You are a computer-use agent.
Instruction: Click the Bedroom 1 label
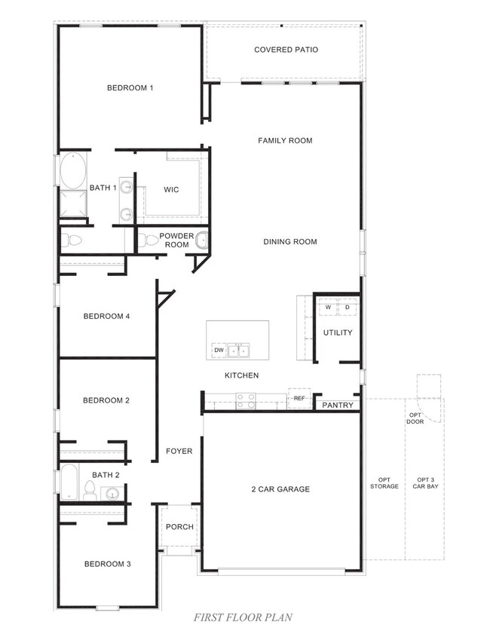point(130,88)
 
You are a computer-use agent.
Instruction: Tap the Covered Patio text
point(286,50)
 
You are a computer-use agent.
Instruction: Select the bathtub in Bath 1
point(73,171)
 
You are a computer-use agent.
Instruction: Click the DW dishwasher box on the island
point(219,350)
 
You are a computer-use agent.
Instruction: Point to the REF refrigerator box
point(299,398)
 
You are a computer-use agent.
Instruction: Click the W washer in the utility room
point(329,308)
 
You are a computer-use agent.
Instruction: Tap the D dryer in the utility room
point(348,308)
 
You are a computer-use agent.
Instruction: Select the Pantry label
point(337,405)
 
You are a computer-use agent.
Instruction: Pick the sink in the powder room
point(201,240)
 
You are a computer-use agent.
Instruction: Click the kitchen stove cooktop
point(247,400)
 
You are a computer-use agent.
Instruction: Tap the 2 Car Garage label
point(280,489)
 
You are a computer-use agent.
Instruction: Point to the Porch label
point(179,527)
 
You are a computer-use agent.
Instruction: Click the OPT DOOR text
point(415,418)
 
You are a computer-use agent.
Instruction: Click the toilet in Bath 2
point(90,491)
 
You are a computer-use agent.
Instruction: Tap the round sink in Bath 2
point(112,494)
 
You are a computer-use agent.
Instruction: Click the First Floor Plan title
point(243,617)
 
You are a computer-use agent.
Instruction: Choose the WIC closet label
point(171,189)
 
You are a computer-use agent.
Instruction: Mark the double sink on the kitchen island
point(240,350)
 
